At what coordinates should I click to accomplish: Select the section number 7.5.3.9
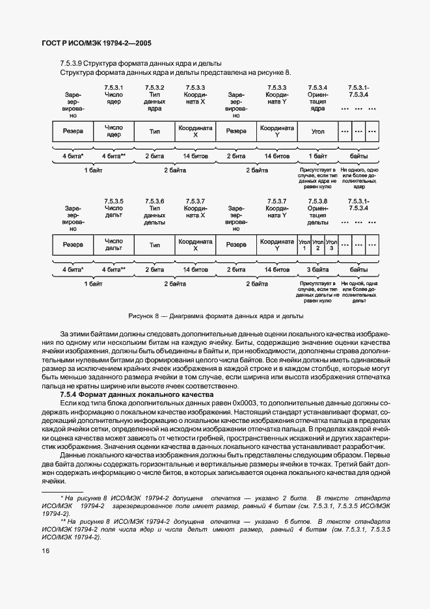click(x=71, y=63)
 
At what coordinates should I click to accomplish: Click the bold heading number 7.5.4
click(x=69, y=395)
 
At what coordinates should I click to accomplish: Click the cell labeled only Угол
click(x=318, y=131)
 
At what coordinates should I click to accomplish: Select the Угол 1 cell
click(x=304, y=245)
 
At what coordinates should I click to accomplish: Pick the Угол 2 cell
click(x=318, y=245)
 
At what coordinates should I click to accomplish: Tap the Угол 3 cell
click(x=332, y=245)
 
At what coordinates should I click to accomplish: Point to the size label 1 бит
click(x=318, y=156)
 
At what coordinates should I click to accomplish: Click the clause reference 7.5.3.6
click(x=154, y=200)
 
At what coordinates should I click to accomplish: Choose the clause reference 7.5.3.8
click(x=317, y=200)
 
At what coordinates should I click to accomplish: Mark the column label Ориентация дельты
click(x=318, y=215)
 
